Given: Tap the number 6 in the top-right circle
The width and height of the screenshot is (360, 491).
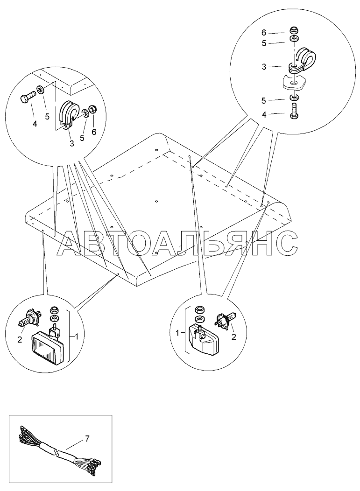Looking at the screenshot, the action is tap(264, 33).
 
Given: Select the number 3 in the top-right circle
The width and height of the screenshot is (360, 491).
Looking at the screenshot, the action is tap(264, 67).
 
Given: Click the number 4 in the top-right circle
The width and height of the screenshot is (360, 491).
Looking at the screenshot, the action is tap(264, 115).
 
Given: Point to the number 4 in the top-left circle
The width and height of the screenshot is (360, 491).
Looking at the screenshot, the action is tap(35, 124).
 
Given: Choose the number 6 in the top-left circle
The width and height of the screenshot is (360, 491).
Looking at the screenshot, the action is tap(94, 132).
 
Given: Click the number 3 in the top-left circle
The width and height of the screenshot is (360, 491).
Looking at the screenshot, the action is tap(72, 143).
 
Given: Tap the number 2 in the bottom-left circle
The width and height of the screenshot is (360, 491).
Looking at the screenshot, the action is tap(20, 339).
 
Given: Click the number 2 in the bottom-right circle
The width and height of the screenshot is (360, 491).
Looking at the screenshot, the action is tap(233, 337).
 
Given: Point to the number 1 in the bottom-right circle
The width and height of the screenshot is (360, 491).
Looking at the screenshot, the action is tap(178, 334).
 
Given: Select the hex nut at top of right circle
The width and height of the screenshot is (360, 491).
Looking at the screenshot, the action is tap(294, 30).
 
